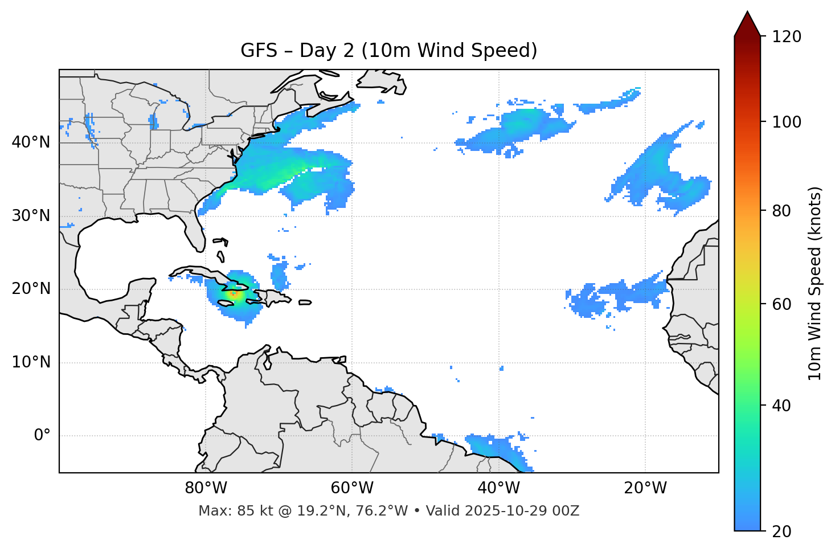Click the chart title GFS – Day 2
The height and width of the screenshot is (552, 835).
point(388,51)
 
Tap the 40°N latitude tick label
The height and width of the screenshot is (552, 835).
point(31,142)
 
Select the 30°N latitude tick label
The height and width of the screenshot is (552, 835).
point(31,216)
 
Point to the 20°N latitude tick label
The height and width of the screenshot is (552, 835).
point(31,289)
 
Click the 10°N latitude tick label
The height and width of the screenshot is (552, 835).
point(31,362)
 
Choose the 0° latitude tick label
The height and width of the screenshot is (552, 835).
point(42,436)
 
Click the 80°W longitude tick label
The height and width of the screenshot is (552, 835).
point(206,488)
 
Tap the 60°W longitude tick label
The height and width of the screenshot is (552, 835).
point(352,488)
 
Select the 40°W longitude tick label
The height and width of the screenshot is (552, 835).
point(499,488)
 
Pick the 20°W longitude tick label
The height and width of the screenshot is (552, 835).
point(645,488)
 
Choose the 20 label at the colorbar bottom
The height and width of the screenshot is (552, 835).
point(781,531)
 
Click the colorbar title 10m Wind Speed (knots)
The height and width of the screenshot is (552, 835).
point(815,283)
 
